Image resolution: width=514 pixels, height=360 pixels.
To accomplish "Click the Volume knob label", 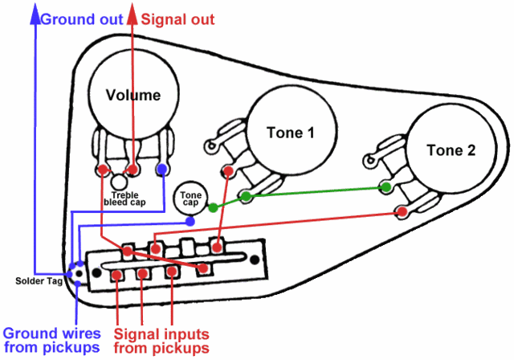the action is (133, 95).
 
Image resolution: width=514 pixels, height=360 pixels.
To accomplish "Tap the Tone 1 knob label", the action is (291, 133).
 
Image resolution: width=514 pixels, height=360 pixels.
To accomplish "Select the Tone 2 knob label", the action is (451, 150).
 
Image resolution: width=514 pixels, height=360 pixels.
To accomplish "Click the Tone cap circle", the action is (190, 198).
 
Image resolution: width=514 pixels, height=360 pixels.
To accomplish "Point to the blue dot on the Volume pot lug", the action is (162, 170).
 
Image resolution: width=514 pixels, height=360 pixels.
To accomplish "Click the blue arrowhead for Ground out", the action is (35, 14).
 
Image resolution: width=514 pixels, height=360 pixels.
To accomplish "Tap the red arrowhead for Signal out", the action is (132, 14).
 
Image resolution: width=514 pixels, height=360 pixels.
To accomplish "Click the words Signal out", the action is (177, 19).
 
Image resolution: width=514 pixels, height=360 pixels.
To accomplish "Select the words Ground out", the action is (82, 19).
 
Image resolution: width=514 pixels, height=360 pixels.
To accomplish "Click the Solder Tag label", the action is (39, 281).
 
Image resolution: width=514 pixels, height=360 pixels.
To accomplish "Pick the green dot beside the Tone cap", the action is (213, 207).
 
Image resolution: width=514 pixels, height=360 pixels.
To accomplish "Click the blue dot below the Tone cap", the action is (190, 222).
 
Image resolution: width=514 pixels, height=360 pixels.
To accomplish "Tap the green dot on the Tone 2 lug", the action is (386, 187).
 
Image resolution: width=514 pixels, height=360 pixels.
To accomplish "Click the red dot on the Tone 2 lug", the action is (402, 211).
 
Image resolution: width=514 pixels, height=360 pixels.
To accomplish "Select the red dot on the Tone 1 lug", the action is (228, 171).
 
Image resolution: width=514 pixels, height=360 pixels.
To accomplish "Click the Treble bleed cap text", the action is (124, 199).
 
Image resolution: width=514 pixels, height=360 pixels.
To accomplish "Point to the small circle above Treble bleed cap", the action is (119, 182).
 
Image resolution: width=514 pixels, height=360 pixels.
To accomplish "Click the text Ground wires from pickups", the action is (51, 341).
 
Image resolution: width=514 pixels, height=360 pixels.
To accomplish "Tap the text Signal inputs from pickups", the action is (161, 341).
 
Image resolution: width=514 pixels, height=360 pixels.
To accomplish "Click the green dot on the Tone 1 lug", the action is (246, 196).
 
